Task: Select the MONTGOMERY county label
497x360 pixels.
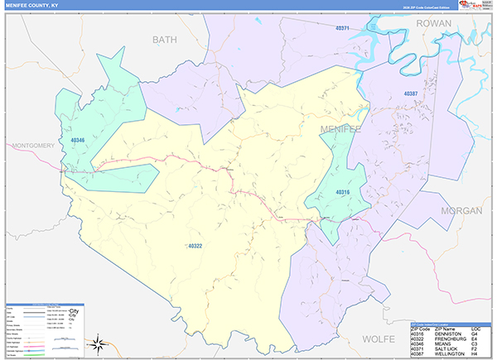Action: point(33,146)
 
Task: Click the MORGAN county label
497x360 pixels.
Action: point(461,211)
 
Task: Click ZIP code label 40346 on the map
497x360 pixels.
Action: point(78,141)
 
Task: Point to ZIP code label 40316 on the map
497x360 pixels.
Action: point(343,192)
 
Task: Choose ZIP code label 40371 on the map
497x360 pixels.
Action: point(344,28)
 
